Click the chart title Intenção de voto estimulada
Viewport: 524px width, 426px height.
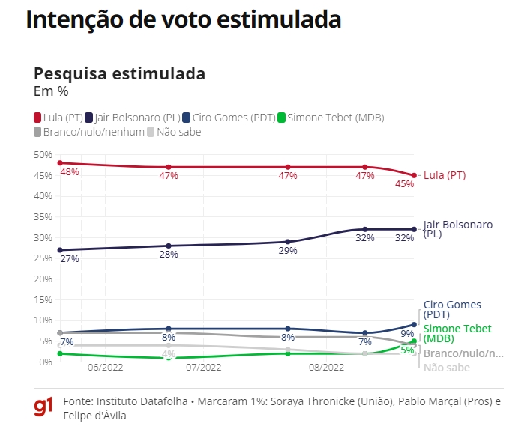pos(184,20)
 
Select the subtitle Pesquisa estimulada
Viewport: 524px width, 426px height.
pos(119,74)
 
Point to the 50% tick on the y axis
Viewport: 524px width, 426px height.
pos(42,154)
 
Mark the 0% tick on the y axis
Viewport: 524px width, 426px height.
pos(44,362)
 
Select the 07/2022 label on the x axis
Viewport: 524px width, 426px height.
pos(204,368)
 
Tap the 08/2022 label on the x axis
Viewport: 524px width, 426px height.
pos(326,368)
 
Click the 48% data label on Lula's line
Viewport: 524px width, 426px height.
pos(70,172)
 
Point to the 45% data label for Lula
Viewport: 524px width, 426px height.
pos(405,184)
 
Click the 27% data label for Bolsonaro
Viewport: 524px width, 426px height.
pos(70,259)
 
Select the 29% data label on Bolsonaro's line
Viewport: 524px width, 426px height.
pos(287,251)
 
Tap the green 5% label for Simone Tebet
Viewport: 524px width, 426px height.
pos(407,350)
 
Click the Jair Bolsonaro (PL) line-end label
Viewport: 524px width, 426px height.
pos(457,229)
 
